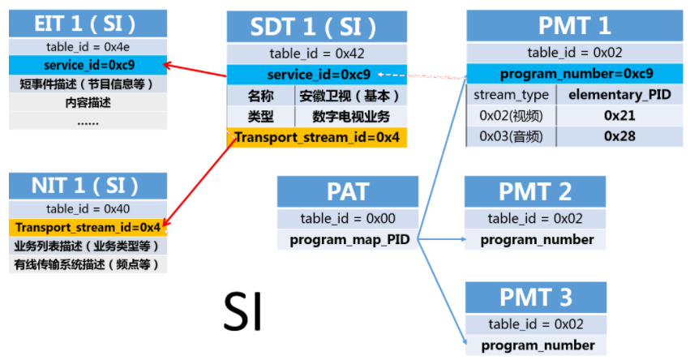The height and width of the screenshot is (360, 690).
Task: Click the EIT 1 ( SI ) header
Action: (x=88, y=24)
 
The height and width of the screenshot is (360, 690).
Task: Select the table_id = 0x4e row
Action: (x=88, y=47)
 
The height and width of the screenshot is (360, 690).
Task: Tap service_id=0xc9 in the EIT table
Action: (x=88, y=65)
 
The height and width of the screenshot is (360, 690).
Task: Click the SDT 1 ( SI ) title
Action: (x=317, y=27)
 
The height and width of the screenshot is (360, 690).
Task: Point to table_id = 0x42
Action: (x=317, y=54)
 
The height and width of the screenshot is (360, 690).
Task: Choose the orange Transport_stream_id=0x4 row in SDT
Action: (x=317, y=137)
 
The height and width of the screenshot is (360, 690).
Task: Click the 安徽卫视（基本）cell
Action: (x=351, y=96)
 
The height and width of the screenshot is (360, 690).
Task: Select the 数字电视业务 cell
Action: (x=351, y=117)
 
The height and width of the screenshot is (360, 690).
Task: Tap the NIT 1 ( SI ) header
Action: (x=88, y=186)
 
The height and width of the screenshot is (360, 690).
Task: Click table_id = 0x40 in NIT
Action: (x=88, y=209)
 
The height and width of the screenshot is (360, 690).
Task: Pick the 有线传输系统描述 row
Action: (x=88, y=264)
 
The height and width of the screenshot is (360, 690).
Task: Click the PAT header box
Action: (x=348, y=191)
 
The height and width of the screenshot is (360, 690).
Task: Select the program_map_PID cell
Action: (x=348, y=240)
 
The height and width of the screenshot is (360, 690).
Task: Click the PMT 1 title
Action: (x=575, y=25)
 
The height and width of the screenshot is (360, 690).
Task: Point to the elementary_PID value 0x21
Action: (x=619, y=116)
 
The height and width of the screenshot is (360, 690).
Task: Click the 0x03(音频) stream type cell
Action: (x=512, y=136)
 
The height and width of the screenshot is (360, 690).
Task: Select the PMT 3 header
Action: (x=536, y=298)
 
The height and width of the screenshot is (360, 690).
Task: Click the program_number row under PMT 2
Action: (x=535, y=240)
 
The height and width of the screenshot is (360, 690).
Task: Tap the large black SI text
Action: (x=243, y=311)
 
